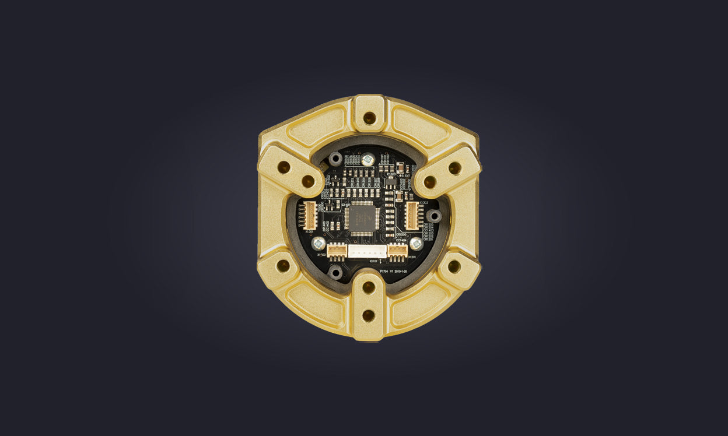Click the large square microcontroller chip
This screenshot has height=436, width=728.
point(362,218)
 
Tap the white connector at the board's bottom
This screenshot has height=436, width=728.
point(367,251)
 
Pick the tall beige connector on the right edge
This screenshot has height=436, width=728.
point(412,215)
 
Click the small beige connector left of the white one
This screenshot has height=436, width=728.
point(337,251)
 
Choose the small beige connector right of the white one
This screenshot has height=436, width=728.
point(397,251)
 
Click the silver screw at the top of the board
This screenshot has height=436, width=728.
point(367,159)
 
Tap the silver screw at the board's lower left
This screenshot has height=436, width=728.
point(318,243)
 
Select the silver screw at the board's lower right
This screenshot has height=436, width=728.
point(416,243)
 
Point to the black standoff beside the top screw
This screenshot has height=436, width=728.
point(335,159)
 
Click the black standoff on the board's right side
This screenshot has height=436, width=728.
point(433,216)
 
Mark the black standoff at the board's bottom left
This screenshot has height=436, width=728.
point(335,272)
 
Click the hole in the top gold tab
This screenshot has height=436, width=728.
point(369,118)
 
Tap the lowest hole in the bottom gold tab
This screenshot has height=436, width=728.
point(369,315)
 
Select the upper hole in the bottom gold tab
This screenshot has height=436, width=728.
point(369,287)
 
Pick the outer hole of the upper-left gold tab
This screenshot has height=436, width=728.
point(283,167)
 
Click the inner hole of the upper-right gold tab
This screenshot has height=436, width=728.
point(430,182)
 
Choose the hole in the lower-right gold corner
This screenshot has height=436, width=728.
point(454,266)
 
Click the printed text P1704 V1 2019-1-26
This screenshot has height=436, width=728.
point(400,271)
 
